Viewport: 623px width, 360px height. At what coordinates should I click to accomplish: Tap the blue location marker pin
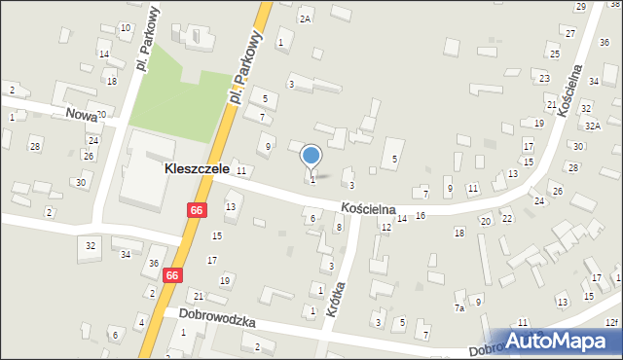[x=311, y=156]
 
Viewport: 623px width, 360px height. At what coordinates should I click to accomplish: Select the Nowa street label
[x=81, y=113]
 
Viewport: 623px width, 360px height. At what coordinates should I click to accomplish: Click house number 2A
[x=305, y=18]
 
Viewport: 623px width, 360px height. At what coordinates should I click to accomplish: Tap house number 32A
[x=593, y=126]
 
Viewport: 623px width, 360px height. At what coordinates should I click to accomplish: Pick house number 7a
[x=459, y=307]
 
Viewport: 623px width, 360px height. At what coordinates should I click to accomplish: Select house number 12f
[x=611, y=322]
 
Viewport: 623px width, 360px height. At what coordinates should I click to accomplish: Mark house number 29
[x=581, y=7]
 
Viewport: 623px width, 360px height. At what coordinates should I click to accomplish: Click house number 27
[x=569, y=33]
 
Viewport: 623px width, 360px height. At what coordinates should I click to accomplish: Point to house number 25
[x=554, y=54]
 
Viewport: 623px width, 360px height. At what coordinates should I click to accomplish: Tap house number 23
[x=544, y=78]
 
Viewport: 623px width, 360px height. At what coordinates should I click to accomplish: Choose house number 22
[x=507, y=219]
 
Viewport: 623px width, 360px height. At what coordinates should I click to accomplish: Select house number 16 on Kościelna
[x=421, y=215]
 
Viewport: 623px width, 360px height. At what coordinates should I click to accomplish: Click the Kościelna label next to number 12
[x=368, y=208]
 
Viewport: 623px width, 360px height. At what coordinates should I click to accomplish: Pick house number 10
[x=126, y=27]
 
